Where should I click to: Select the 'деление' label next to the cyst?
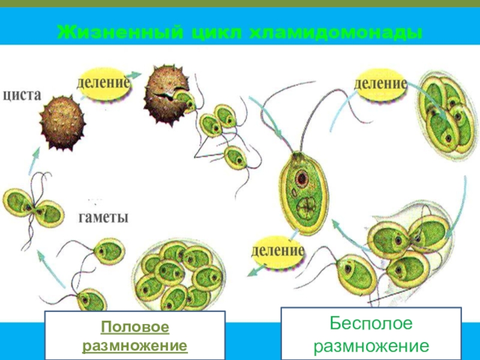point(103,83)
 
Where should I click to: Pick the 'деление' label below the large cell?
point(278,248)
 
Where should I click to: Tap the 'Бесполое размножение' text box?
point(371,334)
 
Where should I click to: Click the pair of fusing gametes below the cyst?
point(33,207)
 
